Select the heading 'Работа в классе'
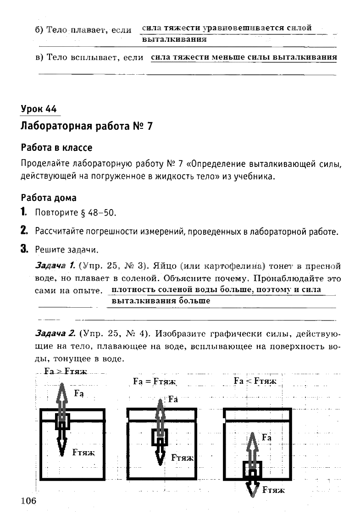tap(56, 148)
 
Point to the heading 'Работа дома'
tap(49, 198)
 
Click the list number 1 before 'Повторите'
tap(23, 213)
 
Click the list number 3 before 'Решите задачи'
tap(24, 249)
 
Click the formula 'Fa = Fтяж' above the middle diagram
tap(155, 381)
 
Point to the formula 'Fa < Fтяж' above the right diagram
tap(255, 381)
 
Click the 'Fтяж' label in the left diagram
tap(83, 452)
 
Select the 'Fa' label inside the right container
tap(266, 437)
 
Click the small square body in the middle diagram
tap(160, 437)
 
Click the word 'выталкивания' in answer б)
tap(174, 39)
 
